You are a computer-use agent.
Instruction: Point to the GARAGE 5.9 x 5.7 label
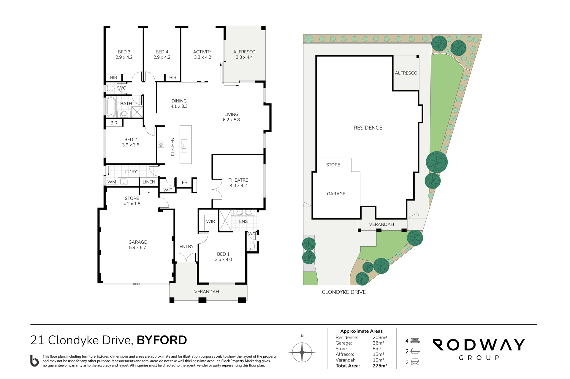(137, 245)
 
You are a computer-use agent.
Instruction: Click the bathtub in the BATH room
(111, 107)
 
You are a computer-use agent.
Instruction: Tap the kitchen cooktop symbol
(161, 145)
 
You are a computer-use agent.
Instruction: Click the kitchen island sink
(184, 146)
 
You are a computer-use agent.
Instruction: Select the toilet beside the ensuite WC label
(252, 246)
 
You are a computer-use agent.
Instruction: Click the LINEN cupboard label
(149, 182)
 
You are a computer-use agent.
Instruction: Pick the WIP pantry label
(168, 190)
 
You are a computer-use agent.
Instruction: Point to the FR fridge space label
(185, 182)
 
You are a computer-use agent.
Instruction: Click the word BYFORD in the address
(162, 340)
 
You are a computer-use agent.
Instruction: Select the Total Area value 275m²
(380, 366)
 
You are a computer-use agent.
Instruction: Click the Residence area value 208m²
(380, 337)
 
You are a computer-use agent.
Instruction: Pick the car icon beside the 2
(415, 362)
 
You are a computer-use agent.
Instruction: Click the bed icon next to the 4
(415, 341)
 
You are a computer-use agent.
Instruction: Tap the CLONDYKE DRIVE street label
(344, 292)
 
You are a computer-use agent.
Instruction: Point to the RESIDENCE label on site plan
(368, 128)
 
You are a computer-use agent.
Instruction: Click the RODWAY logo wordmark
(479, 345)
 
